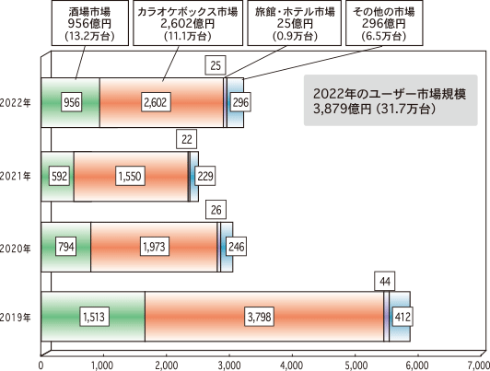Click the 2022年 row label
click(15, 102)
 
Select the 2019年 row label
click(15, 318)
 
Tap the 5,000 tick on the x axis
click(356, 365)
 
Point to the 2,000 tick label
click(166, 365)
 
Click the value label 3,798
click(260, 317)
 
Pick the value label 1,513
click(94, 317)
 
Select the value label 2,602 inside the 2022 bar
click(156, 102)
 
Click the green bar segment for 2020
click(66, 247)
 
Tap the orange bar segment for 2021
click(131, 177)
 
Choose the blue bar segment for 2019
click(400, 317)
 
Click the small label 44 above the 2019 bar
click(385, 282)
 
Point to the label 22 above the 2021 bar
click(187, 139)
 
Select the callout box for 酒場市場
click(90, 23)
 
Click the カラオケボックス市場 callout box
click(188, 23)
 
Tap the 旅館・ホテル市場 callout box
click(295, 23)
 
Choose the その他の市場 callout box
click(384, 23)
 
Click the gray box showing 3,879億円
click(391, 100)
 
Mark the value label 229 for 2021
click(205, 176)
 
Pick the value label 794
click(66, 247)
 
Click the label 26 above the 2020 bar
click(216, 210)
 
